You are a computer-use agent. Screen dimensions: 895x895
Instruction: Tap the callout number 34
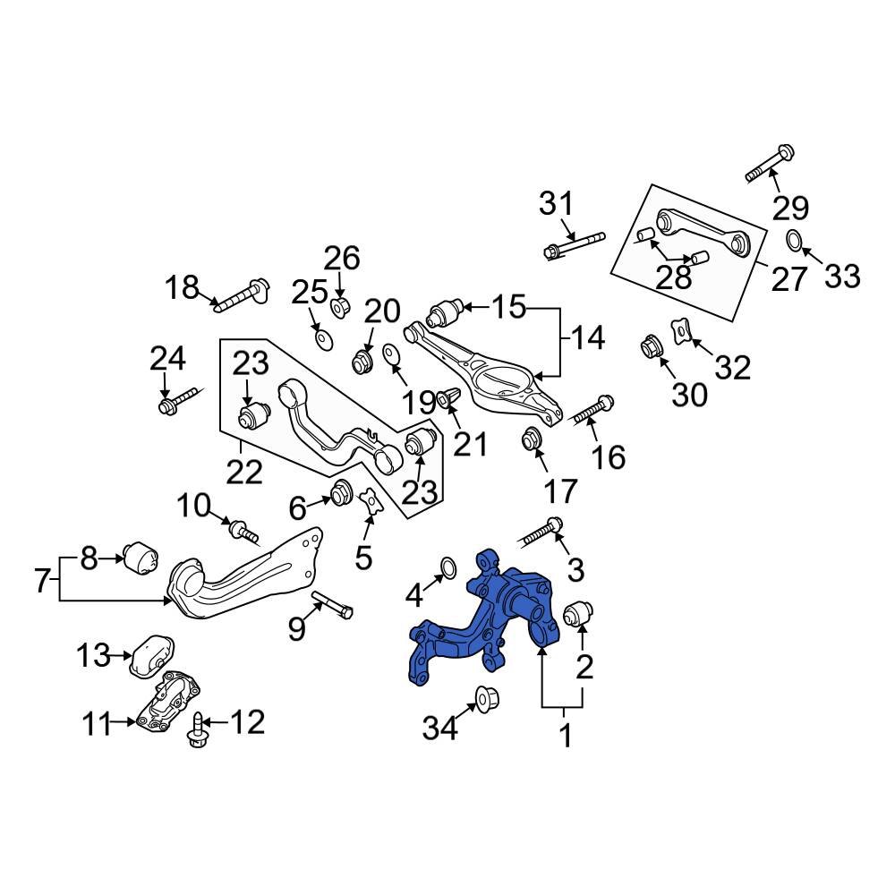[441, 728]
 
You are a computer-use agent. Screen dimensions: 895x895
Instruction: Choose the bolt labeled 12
[195, 729]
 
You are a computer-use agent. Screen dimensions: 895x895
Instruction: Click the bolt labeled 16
[592, 411]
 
